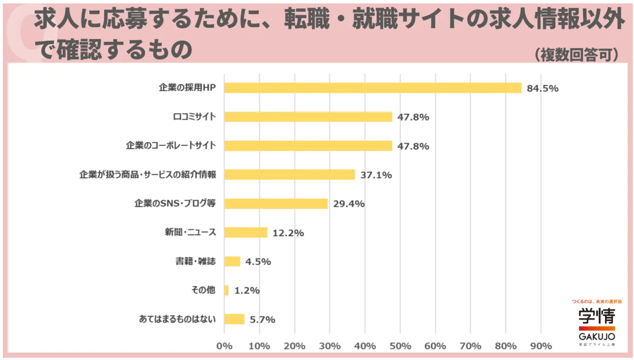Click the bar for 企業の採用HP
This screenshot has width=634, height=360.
pos(373,88)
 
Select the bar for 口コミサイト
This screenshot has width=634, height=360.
pos(309,117)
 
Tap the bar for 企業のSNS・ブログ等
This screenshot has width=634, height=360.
pos(276,203)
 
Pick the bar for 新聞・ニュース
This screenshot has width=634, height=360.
pos(246,233)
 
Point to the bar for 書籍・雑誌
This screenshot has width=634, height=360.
pos(233,262)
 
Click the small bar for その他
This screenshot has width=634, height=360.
pos(227,290)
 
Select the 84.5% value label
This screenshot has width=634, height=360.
pos(542,88)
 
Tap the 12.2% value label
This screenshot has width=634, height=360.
pos(288,233)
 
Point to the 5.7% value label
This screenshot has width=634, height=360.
pos(262,319)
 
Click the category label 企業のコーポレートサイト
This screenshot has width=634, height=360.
pos(171,145)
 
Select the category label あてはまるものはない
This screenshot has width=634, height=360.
pos(177,319)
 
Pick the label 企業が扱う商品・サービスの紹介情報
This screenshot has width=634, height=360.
pos(148,174)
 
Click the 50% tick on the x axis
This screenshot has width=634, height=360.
pos(400,346)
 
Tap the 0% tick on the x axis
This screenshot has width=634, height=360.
pos(225,346)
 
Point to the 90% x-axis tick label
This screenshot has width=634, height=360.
pos(541,346)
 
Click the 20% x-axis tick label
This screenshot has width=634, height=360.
pos(295,346)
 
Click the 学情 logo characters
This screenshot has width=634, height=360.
pos(597,316)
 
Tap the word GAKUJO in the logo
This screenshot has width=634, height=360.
pos(597,336)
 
